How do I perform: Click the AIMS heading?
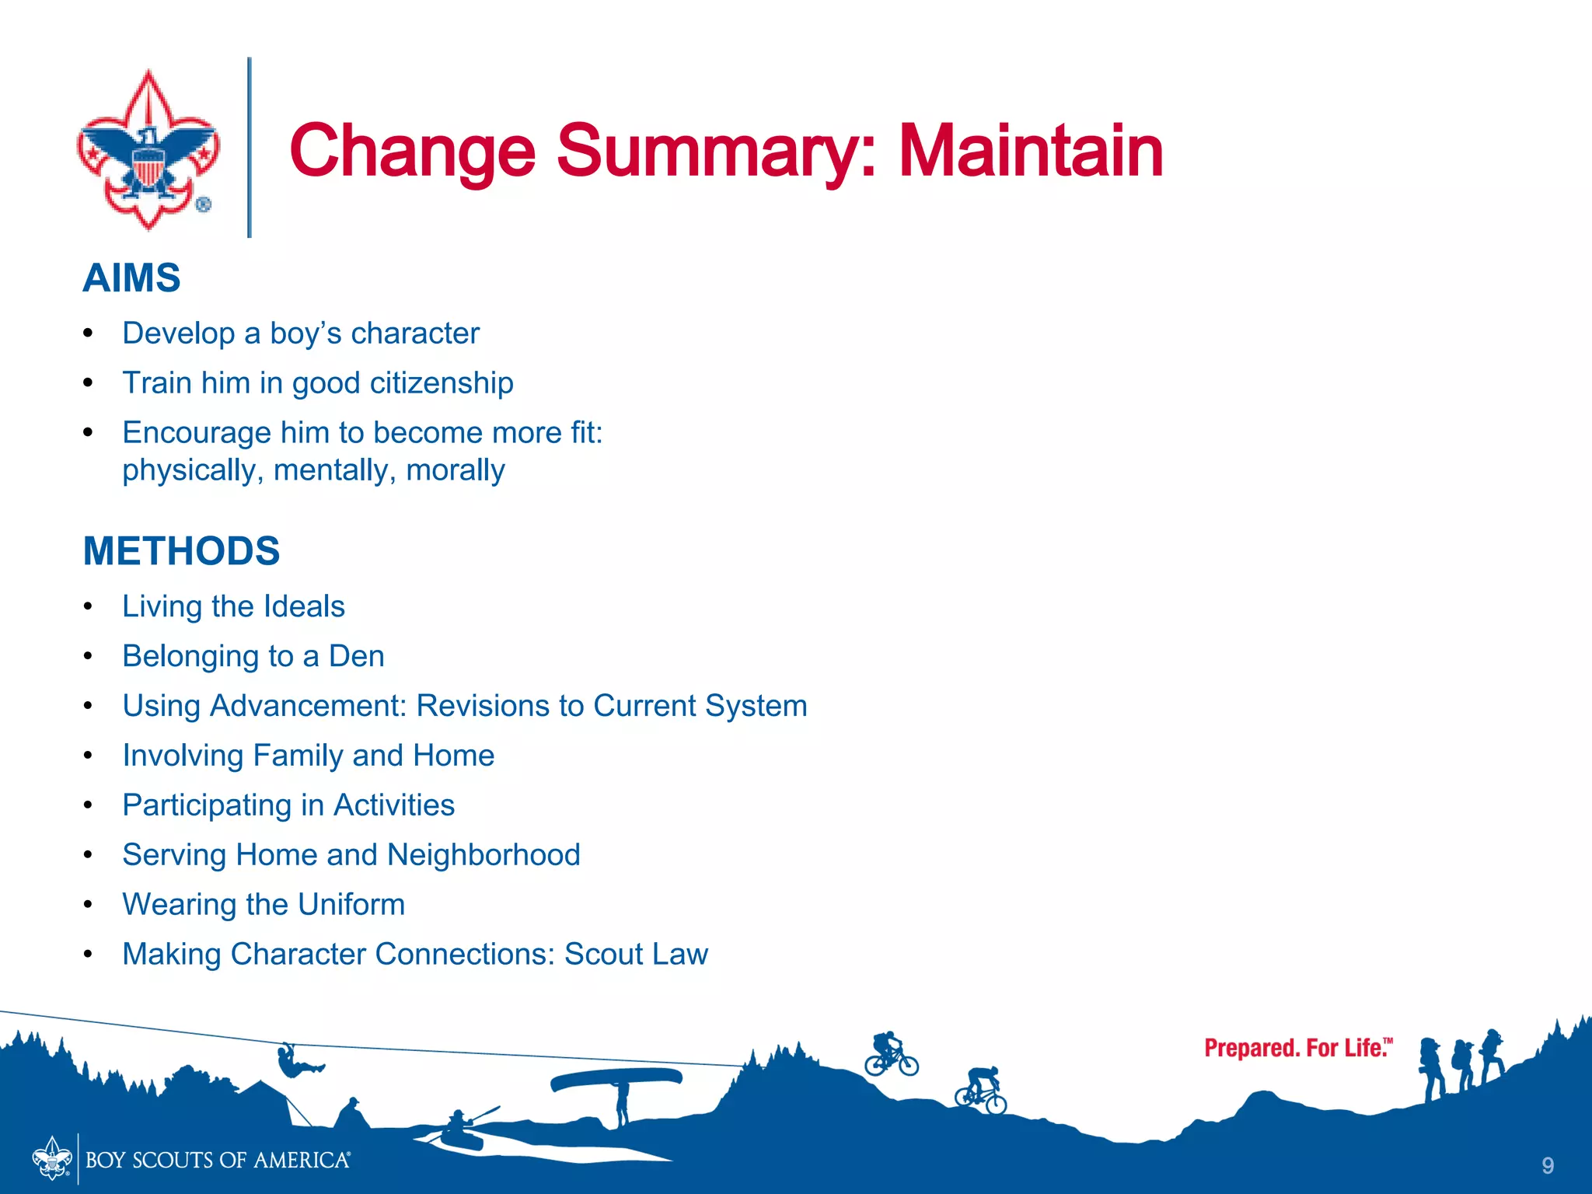(131, 278)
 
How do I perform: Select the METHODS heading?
(181, 551)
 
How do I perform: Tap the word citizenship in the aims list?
(441, 383)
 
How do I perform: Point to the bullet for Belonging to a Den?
(89, 657)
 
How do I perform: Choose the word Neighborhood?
(484, 855)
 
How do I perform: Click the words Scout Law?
(636, 955)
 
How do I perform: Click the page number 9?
(1547, 1165)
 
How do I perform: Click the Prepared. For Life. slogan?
(1297, 1048)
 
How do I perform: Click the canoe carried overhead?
(616, 1079)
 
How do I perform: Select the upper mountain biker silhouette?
(891, 1054)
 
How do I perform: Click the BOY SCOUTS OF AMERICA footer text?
(218, 1161)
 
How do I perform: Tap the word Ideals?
(303, 607)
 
